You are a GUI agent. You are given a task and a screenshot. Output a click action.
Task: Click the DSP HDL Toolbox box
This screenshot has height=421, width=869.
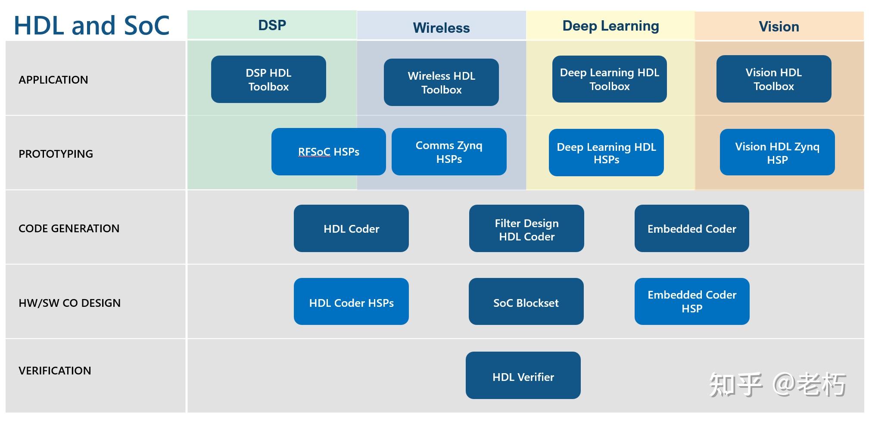click(x=268, y=79)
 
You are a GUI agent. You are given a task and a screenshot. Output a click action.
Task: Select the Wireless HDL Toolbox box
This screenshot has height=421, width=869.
click(x=441, y=82)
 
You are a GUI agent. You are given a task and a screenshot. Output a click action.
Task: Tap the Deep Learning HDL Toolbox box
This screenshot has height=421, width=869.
click(x=609, y=79)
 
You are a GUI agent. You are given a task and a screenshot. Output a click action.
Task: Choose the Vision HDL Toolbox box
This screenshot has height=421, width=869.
click(x=773, y=79)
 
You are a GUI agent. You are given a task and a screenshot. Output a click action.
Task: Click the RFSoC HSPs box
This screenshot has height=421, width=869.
click(x=328, y=152)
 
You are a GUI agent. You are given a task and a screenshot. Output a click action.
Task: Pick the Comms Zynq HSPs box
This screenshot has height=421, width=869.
click(x=449, y=152)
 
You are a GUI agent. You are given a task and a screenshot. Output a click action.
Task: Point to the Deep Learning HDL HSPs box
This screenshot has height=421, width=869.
click(x=606, y=153)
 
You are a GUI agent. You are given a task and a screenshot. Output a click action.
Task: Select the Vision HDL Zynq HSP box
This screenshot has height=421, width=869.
click(x=777, y=153)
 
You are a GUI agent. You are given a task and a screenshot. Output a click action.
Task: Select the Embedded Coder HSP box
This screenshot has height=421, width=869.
click(x=691, y=302)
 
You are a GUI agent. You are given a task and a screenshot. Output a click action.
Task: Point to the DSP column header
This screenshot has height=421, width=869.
click(x=272, y=25)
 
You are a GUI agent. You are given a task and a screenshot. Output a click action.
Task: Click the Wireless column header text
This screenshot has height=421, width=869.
click(x=441, y=28)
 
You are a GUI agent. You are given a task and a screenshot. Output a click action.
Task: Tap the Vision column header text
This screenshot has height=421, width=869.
click(x=779, y=27)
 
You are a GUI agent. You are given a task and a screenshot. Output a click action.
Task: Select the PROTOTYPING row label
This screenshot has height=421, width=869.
click(x=56, y=154)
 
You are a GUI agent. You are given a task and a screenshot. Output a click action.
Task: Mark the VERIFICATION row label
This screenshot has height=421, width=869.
click(x=55, y=371)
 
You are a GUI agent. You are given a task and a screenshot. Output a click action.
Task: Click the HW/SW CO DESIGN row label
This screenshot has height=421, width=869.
click(x=69, y=303)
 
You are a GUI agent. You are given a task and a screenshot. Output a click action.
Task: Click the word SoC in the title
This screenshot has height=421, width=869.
click(x=146, y=25)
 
